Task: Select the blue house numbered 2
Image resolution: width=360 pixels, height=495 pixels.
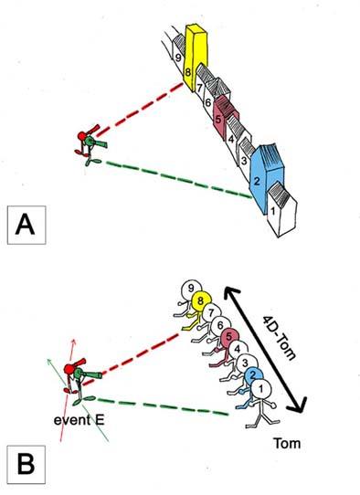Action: click(x=265, y=178)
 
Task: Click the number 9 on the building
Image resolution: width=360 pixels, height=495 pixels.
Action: click(x=179, y=58)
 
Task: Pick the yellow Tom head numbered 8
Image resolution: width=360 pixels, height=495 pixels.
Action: click(x=201, y=300)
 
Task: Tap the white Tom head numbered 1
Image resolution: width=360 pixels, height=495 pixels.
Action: click(x=261, y=389)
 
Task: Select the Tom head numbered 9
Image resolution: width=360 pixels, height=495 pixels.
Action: click(x=191, y=289)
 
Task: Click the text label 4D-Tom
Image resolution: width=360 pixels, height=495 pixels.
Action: click(x=280, y=339)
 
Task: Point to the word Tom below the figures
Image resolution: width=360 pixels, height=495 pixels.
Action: click(x=286, y=444)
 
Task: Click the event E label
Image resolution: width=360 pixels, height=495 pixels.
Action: click(x=79, y=420)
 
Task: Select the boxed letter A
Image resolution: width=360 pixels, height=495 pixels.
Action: click(x=26, y=225)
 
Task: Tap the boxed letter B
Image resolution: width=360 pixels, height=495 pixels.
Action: click(x=26, y=465)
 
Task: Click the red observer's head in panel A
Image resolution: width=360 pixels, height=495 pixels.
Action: click(x=82, y=136)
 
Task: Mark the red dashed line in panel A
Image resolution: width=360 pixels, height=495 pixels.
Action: click(x=140, y=110)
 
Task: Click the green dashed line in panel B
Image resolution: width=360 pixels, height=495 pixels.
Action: click(x=163, y=406)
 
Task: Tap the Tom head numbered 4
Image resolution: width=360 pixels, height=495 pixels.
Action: click(x=238, y=350)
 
